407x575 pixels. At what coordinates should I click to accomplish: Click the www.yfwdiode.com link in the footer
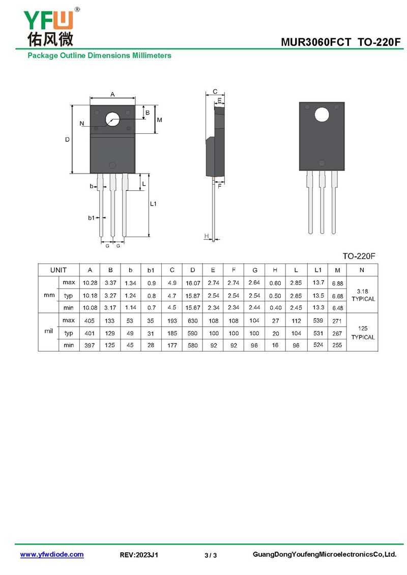(x=52, y=555)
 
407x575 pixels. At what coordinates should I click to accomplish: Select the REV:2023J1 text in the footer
(x=139, y=555)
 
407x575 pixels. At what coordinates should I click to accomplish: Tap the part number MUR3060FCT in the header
(x=316, y=42)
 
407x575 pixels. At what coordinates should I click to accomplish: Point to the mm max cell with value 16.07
(x=193, y=283)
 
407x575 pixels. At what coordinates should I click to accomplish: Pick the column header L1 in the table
(x=318, y=270)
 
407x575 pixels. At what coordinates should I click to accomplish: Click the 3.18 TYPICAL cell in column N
(x=362, y=295)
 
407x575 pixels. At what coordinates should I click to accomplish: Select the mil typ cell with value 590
(x=193, y=333)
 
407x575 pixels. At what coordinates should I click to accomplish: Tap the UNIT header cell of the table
(x=59, y=270)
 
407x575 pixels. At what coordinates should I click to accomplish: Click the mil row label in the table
(x=49, y=331)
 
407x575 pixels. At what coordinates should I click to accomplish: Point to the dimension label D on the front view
(x=68, y=139)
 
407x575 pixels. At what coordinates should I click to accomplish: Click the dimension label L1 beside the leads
(x=153, y=204)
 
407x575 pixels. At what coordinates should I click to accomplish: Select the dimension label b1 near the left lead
(x=91, y=218)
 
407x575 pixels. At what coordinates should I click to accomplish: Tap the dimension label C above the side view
(x=215, y=92)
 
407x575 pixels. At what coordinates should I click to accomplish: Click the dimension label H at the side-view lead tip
(x=207, y=236)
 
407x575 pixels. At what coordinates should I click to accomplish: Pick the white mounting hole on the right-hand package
(x=322, y=115)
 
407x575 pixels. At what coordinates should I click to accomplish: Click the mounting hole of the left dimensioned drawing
(x=112, y=120)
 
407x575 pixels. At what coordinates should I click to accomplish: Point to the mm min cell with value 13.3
(x=318, y=307)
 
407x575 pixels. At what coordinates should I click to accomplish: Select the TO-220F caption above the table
(x=359, y=256)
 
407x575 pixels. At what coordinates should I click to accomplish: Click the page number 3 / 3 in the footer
(x=211, y=555)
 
